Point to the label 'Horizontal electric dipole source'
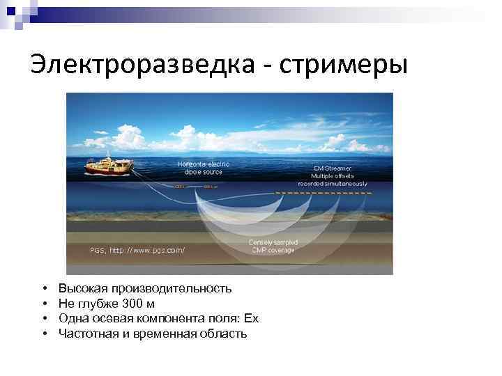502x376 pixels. (x=203, y=167)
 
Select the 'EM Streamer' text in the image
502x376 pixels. (x=332, y=169)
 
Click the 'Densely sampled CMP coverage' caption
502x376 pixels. (x=272, y=245)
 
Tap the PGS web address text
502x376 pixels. (x=137, y=249)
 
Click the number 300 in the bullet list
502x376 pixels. (x=131, y=304)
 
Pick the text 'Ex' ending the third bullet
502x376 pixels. (x=251, y=318)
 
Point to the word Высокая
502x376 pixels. (x=79, y=288)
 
